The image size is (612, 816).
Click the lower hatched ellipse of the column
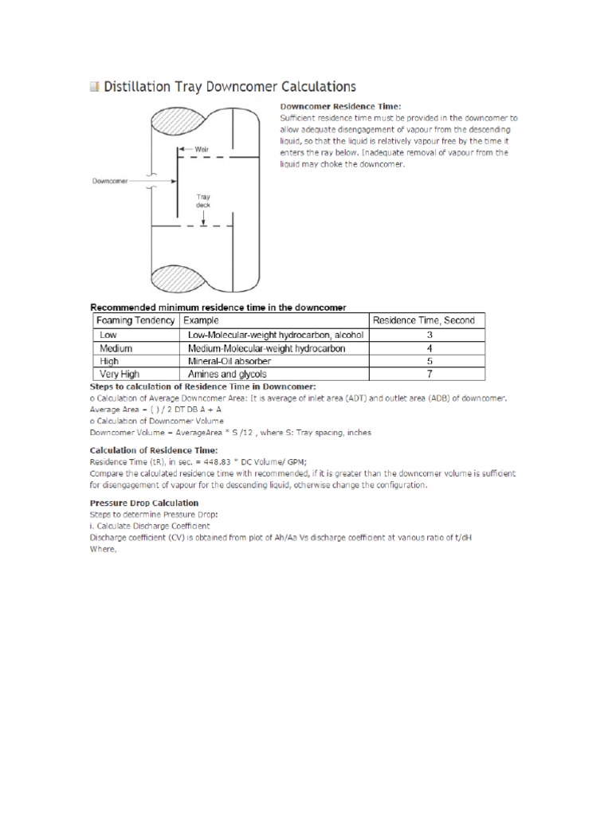177,280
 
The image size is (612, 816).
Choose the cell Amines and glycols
227,374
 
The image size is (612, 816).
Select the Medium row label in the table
116,348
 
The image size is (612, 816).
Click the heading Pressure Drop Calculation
144,503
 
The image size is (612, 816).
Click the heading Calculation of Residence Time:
148,450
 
